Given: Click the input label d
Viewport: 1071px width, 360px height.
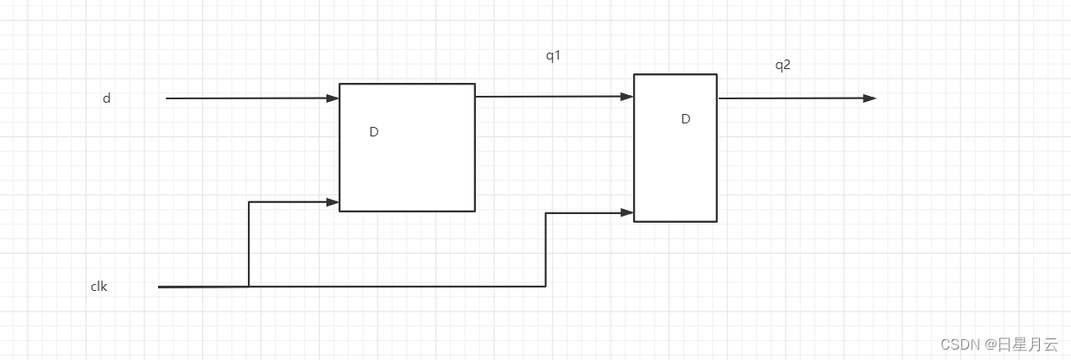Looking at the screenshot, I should pyautogui.click(x=106, y=98).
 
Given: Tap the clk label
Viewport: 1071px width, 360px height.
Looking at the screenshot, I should pyautogui.click(x=98, y=287).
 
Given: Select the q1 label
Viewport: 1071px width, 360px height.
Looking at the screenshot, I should pyautogui.click(x=553, y=56).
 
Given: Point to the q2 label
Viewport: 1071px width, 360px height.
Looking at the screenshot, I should pyautogui.click(x=783, y=64).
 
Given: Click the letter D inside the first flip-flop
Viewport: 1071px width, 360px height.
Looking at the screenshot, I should pyautogui.click(x=374, y=132).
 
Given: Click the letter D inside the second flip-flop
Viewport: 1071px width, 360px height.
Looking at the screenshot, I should pyautogui.click(x=686, y=119).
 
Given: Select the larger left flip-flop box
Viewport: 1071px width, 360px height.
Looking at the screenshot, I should pyautogui.click(x=407, y=173).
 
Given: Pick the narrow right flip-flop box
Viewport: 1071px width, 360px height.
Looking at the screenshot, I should pyautogui.click(x=675, y=173).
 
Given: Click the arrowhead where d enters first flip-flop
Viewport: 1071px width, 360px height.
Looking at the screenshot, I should pyautogui.click(x=333, y=98).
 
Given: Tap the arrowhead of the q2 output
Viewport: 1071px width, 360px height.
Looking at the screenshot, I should pyautogui.click(x=870, y=98).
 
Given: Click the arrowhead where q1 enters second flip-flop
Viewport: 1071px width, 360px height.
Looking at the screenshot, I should pyautogui.click(x=628, y=97).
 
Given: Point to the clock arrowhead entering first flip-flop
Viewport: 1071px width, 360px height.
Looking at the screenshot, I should pyautogui.click(x=333, y=202).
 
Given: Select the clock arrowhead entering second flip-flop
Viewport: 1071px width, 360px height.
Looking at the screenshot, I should pyautogui.click(x=628, y=212).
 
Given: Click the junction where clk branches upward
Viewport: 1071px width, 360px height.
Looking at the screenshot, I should pyautogui.click(x=249, y=286).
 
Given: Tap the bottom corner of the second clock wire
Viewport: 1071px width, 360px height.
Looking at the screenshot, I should pyautogui.click(x=546, y=286).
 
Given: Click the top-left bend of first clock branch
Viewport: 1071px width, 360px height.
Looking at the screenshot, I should pyautogui.click(x=249, y=202).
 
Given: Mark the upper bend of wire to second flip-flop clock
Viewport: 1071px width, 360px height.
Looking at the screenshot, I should pyautogui.click(x=546, y=212).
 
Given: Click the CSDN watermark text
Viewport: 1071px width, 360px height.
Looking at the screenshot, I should pyautogui.click(x=998, y=344).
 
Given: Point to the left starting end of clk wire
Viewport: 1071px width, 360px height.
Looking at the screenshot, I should pyautogui.click(x=160, y=286).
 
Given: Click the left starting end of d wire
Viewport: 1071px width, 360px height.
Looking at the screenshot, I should pyautogui.click(x=167, y=98).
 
